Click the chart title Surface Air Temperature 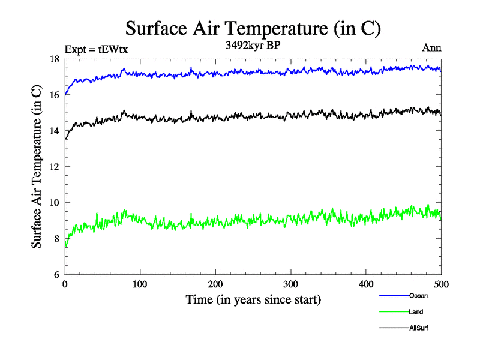[253, 28]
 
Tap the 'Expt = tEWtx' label [96, 49]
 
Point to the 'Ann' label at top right [432, 48]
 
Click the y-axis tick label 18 [54, 59]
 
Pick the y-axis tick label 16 [54, 95]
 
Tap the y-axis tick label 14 [54, 131]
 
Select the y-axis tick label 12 [54, 167]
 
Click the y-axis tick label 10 [54, 203]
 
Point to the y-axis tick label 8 [56, 239]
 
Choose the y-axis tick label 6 [56, 275]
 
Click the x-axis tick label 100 [140, 284]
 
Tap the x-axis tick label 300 [291, 284]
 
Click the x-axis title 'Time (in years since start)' [253, 299]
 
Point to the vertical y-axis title [37, 167]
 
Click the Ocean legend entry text [418, 296]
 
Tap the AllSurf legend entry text [419, 328]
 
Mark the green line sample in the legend [394, 312]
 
